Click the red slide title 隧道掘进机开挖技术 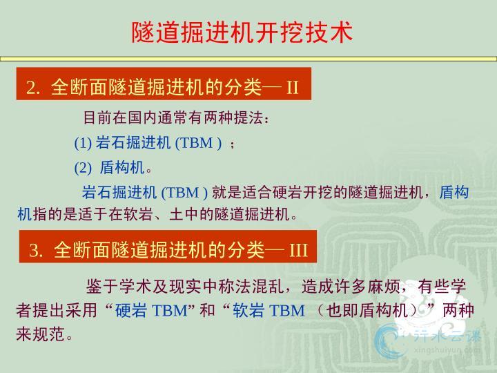242,32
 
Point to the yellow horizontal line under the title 248,59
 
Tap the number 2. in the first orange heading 33,87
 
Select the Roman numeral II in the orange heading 293,87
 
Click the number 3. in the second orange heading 36,250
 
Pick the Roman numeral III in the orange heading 299,250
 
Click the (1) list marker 83,143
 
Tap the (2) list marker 83,167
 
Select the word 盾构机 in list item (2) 122,167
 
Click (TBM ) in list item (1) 198,143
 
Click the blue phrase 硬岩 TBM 151,310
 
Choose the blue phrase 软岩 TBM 269,310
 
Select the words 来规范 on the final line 41,334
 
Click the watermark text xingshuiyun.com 447,350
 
